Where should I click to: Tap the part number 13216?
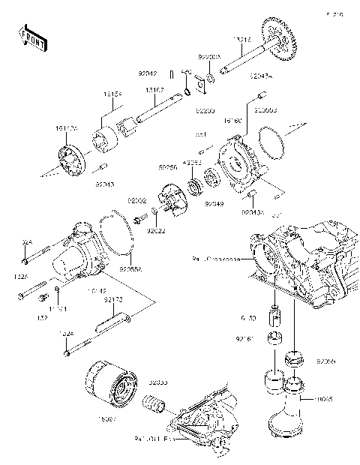[x=241, y=38]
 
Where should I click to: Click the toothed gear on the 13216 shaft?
[x=278, y=39]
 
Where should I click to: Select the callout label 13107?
[x=155, y=89]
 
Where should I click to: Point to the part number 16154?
[x=113, y=95]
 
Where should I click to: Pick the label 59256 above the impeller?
[x=166, y=169]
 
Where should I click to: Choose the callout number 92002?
[x=136, y=201]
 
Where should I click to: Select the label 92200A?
[x=208, y=56]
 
